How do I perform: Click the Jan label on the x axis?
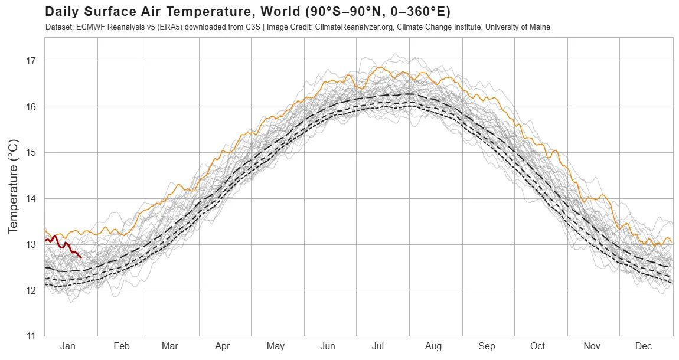(68, 346)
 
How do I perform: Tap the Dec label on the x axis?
(644, 346)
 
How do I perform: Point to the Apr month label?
(223, 346)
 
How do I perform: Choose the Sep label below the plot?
(487, 346)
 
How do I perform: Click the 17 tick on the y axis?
(31, 61)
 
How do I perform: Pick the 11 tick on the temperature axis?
(31, 336)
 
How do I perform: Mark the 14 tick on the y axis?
(31, 198)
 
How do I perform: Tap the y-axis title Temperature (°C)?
(14, 186)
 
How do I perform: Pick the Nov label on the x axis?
(593, 346)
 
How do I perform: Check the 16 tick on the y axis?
(31, 107)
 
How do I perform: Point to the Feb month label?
(121, 346)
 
